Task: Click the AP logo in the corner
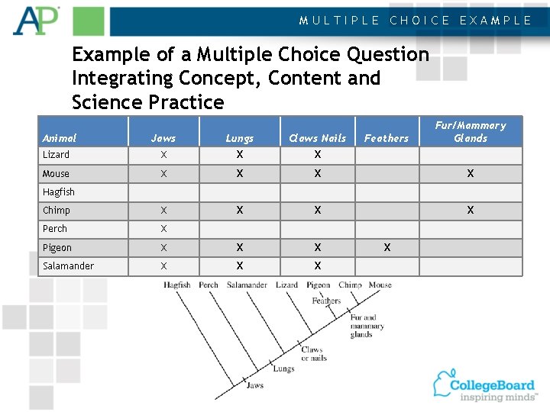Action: (x=35, y=21)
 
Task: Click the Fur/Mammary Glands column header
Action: (x=471, y=131)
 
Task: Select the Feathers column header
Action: (x=387, y=138)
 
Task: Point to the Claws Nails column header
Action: (x=317, y=138)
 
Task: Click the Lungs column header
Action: (x=239, y=138)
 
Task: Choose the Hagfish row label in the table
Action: (x=59, y=192)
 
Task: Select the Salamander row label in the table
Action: (x=68, y=266)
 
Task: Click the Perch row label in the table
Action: (x=55, y=229)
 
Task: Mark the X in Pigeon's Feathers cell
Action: (x=387, y=247)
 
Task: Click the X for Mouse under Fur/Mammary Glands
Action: (x=471, y=174)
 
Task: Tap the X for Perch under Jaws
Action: (x=163, y=229)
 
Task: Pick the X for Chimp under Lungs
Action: (x=240, y=211)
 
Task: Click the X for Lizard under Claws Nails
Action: (x=318, y=155)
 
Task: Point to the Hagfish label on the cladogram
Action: (x=177, y=285)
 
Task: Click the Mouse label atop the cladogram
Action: (x=380, y=285)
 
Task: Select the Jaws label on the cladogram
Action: (x=254, y=385)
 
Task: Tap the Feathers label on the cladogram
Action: (x=326, y=301)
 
